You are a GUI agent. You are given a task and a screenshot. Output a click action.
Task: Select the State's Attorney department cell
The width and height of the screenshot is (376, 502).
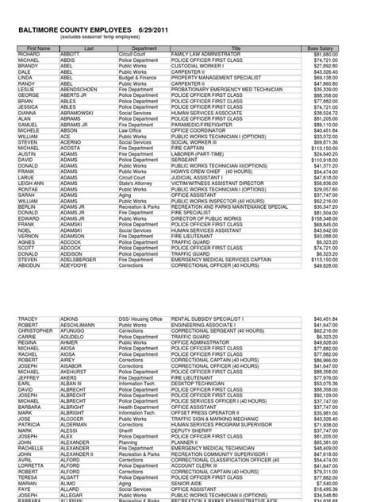coord(136,183)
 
